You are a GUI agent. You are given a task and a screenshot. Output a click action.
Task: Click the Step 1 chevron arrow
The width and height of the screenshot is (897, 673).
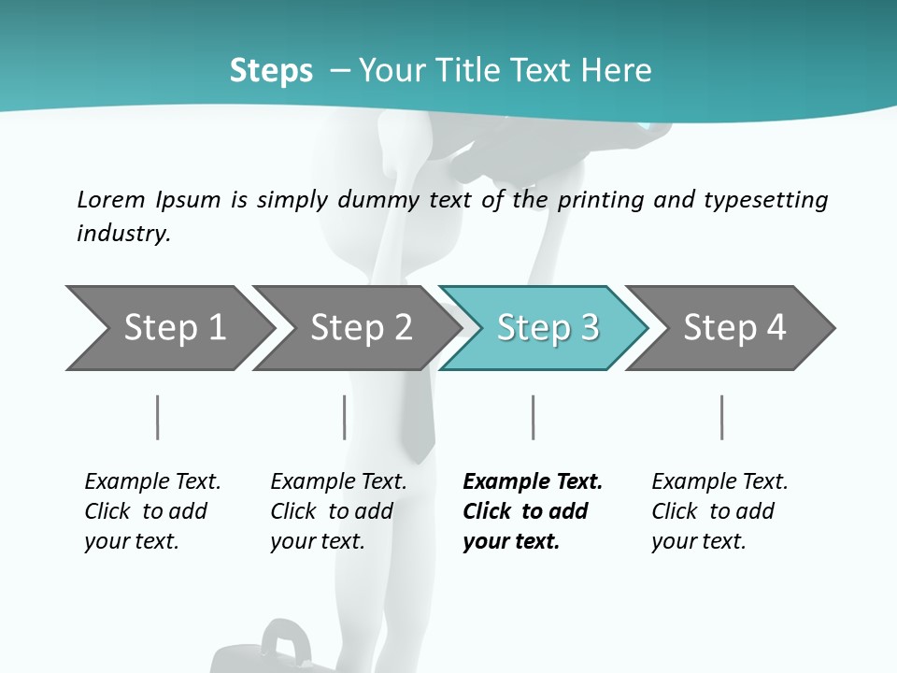pyautogui.click(x=168, y=327)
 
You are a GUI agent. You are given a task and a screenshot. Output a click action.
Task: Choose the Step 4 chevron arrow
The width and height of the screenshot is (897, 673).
pyautogui.click(x=733, y=327)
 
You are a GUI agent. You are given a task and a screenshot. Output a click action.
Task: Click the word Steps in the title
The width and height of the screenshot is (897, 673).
pyautogui.click(x=271, y=70)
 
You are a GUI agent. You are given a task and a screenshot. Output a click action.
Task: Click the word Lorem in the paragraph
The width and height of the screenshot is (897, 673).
pyautogui.click(x=111, y=199)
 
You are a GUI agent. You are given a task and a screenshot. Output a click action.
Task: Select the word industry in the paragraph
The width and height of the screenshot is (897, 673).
pyautogui.click(x=123, y=233)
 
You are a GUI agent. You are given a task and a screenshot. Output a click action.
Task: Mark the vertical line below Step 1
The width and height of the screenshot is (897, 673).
pyautogui.click(x=158, y=417)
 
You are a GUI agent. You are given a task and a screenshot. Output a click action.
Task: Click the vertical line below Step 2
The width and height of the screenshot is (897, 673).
pyautogui.click(x=345, y=417)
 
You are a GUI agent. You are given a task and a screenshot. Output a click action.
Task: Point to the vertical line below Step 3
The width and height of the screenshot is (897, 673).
pyautogui.click(x=533, y=417)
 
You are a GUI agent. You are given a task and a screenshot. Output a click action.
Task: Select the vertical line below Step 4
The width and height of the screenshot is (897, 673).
pyautogui.click(x=721, y=417)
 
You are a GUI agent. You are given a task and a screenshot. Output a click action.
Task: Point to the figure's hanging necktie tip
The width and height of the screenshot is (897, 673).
pyautogui.click(x=420, y=452)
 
